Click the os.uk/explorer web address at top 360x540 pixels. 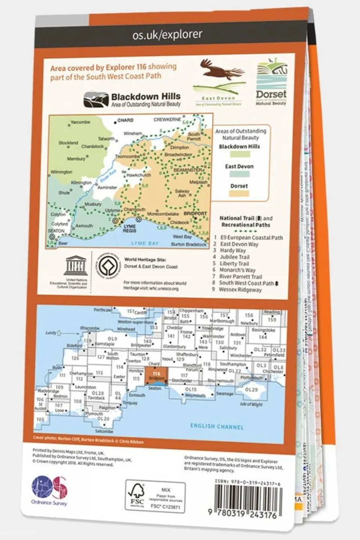click(x=167, y=35)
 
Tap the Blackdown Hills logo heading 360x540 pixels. click(x=146, y=97)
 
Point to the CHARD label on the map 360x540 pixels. click(x=125, y=120)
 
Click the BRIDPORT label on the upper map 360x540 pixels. click(x=195, y=214)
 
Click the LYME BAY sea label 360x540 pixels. click(x=145, y=244)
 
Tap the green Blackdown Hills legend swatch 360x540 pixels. click(x=239, y=154)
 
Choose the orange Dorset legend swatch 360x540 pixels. click(x=239, y=194)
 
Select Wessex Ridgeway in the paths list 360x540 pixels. click(x=240, y=290)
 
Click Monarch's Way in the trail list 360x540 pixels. click(x=237, y=270)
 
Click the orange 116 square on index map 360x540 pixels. click(x=156, y=375)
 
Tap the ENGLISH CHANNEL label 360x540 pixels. click(x=217, y=427)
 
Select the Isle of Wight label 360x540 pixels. click(x=251, y=404)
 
